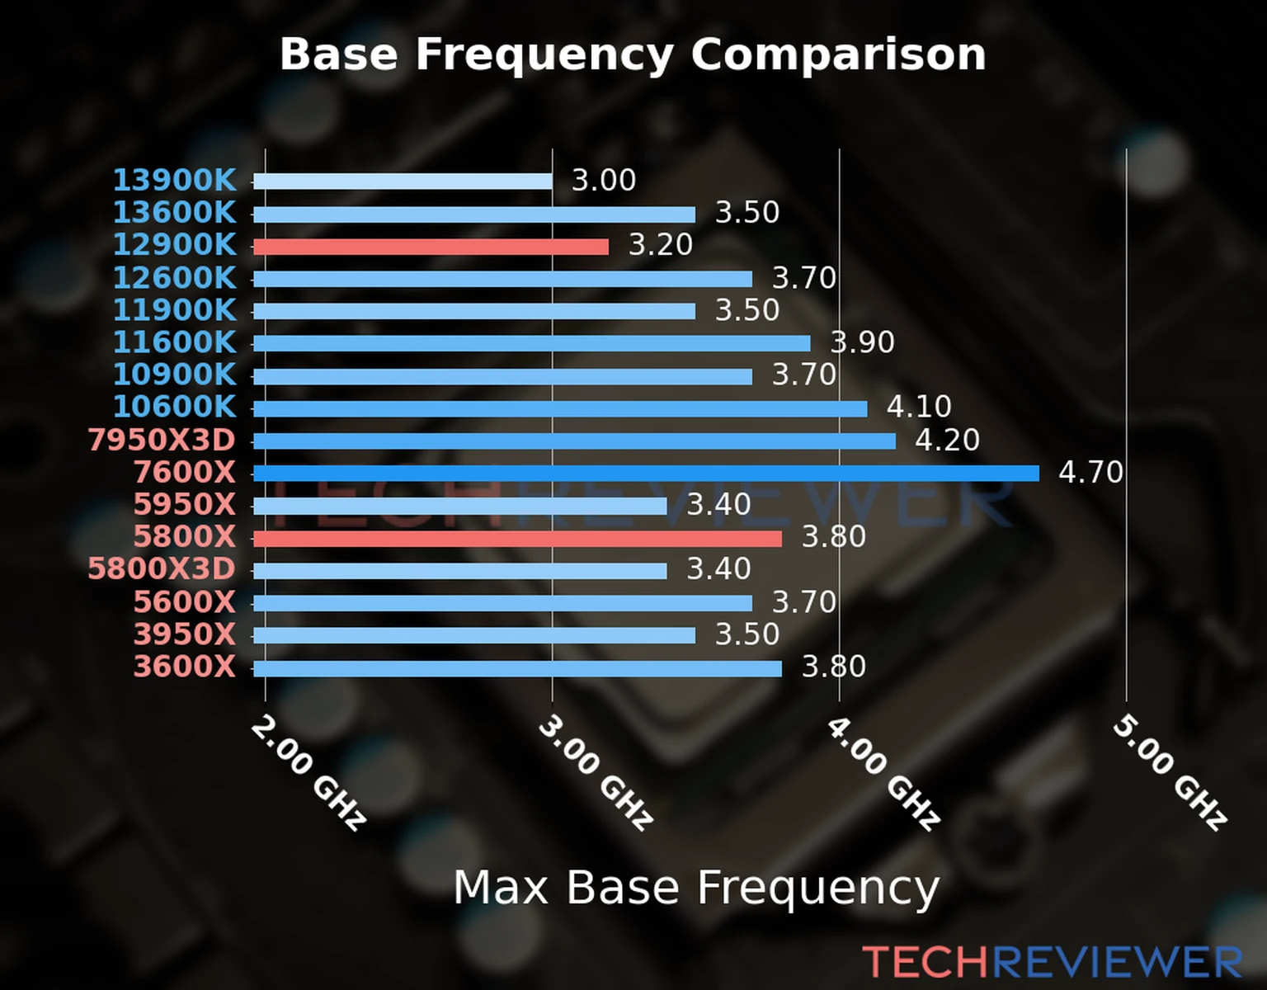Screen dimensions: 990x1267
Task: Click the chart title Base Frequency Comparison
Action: [633, 54]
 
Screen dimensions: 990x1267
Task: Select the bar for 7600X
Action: [645, 473]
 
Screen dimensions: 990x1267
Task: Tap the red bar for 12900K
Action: [430, 247]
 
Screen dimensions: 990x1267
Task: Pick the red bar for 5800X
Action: [517, 538]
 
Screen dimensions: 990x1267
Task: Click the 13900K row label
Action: [174, 180]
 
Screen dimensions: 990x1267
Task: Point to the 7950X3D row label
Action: [162, 440]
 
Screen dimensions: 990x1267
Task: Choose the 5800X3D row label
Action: [162, 569]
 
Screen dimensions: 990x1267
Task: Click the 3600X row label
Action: [184, 667]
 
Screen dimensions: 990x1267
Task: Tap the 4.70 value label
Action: [1090, 473]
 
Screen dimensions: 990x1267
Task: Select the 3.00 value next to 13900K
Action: [604, 180]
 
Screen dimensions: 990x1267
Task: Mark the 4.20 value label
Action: [947, 440]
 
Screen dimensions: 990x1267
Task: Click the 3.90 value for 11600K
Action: [862, 342]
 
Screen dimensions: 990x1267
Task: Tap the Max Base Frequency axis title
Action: [696, 889]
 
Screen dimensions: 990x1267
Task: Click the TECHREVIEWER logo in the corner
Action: [1052, 962]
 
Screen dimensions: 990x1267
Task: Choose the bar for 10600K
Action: [559, 408]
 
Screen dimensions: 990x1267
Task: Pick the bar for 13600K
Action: [473, 214]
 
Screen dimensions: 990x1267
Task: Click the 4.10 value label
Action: [919, 407]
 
